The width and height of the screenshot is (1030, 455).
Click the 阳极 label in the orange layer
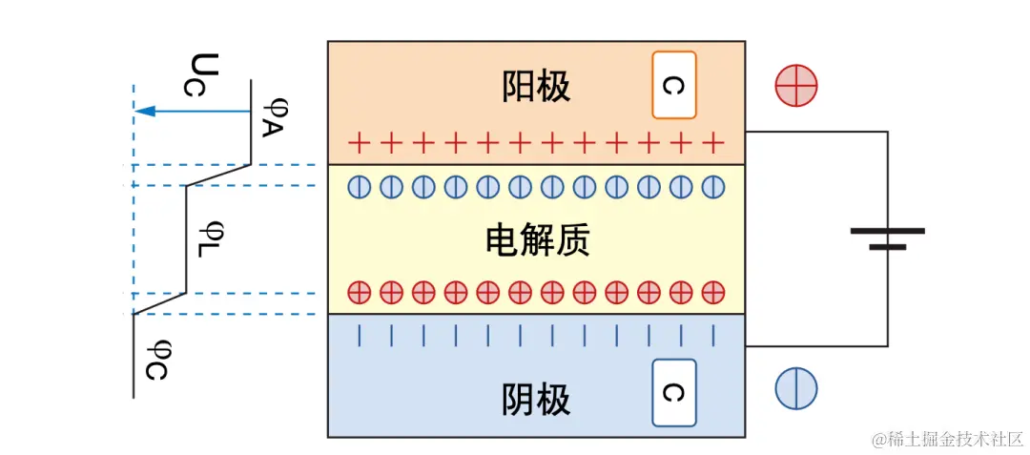[536, 87]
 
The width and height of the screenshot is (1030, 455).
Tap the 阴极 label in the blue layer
[536, 400]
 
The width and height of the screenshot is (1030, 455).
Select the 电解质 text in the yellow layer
[537, 240]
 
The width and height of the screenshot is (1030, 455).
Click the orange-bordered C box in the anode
[673, 85]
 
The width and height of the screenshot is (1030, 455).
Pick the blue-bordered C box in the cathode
[673, 393]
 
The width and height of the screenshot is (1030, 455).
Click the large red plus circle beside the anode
[796, 86]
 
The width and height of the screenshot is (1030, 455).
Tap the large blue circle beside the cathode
[796, 389]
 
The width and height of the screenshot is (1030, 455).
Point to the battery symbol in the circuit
[887, 238]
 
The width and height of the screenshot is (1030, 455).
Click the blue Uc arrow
[191, 112]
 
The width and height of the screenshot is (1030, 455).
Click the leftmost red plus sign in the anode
[359, 144]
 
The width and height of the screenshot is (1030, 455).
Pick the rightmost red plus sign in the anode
[712, 144]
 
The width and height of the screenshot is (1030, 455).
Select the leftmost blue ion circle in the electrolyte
[359, 187]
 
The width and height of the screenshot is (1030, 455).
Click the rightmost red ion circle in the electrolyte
[712, 291]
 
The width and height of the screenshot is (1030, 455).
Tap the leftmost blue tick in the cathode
[359, 335]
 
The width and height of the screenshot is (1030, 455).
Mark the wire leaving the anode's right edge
[815, 133]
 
